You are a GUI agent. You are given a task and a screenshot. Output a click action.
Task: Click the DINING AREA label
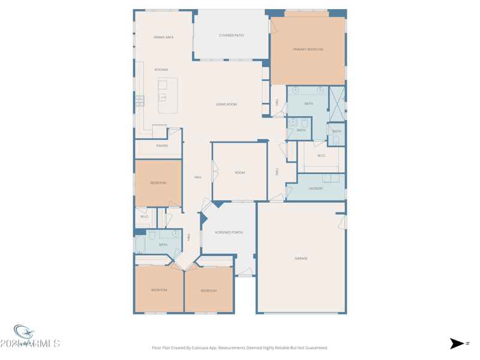pyautogui.click(x=163, y=37)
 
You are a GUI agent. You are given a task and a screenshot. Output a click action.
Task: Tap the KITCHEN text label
pyautogui.click(x=161, y=70)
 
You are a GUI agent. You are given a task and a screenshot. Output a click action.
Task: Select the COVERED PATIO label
pyautogui.click(x=231, y=35)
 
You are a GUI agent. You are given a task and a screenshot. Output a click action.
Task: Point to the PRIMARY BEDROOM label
pyautogui.click(x=308, y=49)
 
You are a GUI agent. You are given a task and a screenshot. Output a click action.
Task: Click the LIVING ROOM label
pyautogui.click(x=226, y=104)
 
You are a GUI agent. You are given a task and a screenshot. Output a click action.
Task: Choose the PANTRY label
pyautogui.click(x=162, y=146)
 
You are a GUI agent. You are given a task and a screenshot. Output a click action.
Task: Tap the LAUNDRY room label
pyautogui.click(x=316, y=188)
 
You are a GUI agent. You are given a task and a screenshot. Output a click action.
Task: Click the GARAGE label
pyautogui.click(x=301, y=259)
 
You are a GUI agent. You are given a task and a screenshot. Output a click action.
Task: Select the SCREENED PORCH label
pyautogui.click(x=229, y=232)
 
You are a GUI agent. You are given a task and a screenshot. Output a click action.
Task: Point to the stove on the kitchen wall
pyautogui.click(x=140, y=101)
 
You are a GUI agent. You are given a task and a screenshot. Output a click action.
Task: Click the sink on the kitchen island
pyautogui.click(x=163, y=97)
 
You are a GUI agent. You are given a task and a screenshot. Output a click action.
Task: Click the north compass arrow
pyautogui.click(x=457, y=344)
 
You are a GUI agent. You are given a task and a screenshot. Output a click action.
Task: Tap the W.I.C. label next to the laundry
pyautogui.click(x=321, y=155)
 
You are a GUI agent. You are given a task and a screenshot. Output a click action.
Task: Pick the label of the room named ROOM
pyautogui.click(x=239, y=173)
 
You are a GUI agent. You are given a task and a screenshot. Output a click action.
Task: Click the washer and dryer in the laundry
pyautogui.click(x=331, y=178)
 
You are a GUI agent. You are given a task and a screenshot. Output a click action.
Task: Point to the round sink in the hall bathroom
pyautogui.click(x=175, y=233)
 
